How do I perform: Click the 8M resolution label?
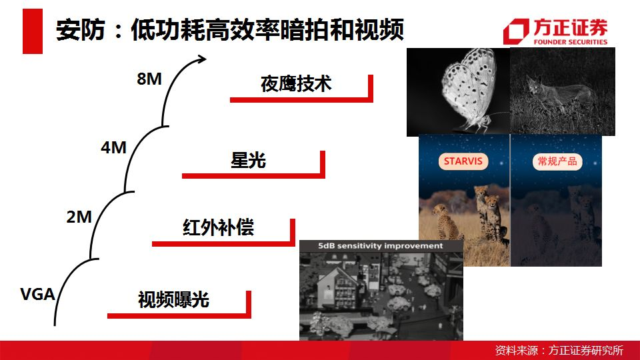tap(149, 79)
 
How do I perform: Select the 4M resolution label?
tap(113, 147)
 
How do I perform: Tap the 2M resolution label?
tap(79, 217)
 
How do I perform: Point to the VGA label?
tap(37, 294)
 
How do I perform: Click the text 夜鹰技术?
tap(296, 84)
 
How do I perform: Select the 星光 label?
tap(248, 160)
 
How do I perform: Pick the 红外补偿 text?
tap(219, 227)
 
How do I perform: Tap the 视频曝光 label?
tap(173, 299)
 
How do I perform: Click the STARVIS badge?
tap(463, 161)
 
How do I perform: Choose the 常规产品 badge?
tap(557, 161)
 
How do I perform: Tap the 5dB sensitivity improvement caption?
tap(381, 246)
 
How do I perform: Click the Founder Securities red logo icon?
tap(516, 31)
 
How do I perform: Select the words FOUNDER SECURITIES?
tap(571, 41)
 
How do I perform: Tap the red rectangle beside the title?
tap(33, 31)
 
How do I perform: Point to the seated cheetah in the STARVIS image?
tap(447, 223)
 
